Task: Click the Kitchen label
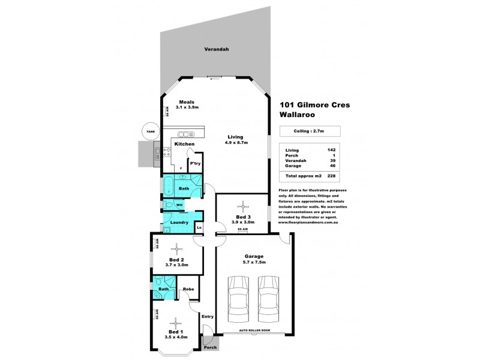[184, 145]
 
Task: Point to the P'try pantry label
[194, 163]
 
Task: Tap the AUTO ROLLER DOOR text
[255, 331]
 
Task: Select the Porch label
[211, 347]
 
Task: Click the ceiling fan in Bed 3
[243, 204]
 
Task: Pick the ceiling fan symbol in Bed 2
[176, 247]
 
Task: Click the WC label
[179, 205]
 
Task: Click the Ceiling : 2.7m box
[310, 131]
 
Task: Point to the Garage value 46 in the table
[331, 167]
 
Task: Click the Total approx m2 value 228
[331, 176]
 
